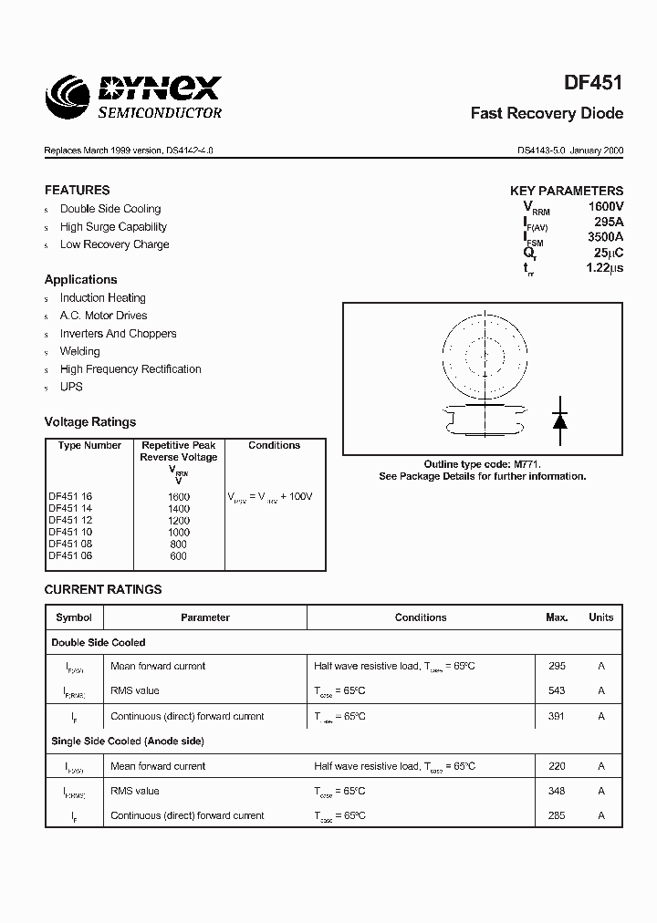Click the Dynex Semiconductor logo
tap(134, 97)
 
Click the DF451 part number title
tap(594, 83)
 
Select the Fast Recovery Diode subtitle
tap(547, 114)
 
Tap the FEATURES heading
tap(77, 191)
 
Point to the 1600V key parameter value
tap(604, 207)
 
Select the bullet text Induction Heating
tap(102, 298)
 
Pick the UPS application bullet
tap(71, 387)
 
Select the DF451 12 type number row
tap(70, 520)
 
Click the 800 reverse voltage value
tap(179, 544)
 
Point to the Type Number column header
tap(89, 446)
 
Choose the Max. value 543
tap(557, 691)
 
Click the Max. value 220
tap(557, 766)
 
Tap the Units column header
tap(600, 617)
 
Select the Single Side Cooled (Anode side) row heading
tap(128, 742)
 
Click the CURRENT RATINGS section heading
tap(103, 590)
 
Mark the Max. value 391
tap(557, 716)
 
